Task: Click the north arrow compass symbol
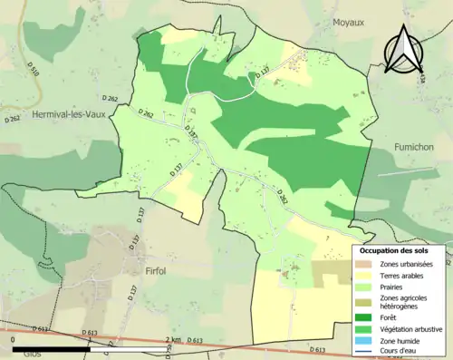point(403,50)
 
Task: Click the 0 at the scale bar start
point(13,339)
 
